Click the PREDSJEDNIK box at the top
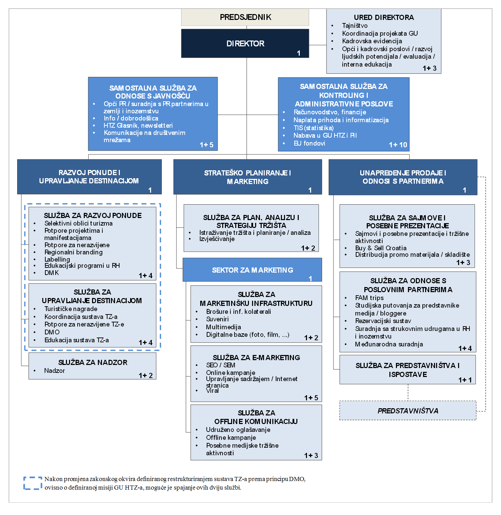(245, 17)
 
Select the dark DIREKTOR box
(245, 43)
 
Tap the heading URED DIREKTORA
(384, 18)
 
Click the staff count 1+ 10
(398, 145)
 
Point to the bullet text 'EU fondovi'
(309, 143)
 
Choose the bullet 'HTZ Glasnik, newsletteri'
(138, 125)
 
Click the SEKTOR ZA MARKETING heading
(253, 270)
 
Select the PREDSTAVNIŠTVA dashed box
(408, 411)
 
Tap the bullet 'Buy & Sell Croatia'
(381, 248)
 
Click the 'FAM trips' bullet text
(369, 298)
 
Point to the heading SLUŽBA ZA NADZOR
(93, 362)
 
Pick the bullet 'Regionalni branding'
(73, 252)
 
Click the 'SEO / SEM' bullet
(220, 365)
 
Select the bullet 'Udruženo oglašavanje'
(238, 430)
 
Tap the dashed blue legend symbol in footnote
(33, 483)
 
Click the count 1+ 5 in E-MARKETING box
(311, 398)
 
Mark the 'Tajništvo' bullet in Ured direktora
(355, 25)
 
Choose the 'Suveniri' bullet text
(217, 319)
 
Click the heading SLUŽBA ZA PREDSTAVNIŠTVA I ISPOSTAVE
(408, 370)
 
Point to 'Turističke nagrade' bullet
(71, 309)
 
